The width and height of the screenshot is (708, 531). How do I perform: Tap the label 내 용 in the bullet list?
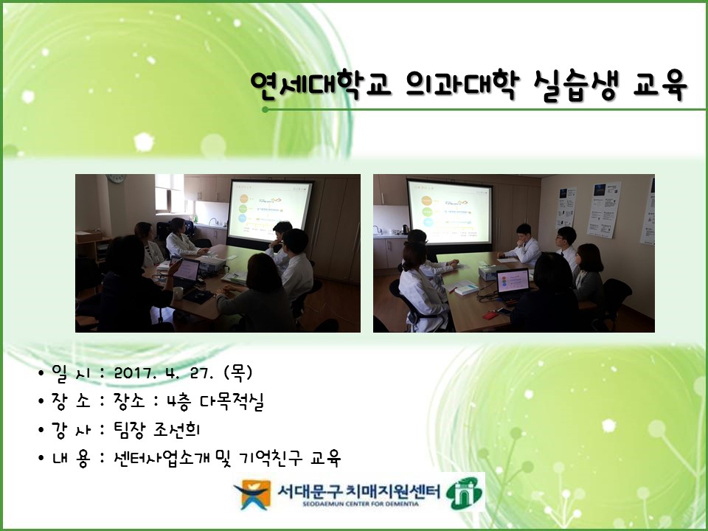[71, 459]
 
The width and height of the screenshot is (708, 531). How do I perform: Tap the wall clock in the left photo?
[116, 178]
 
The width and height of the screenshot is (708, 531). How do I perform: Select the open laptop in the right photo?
[512, 284]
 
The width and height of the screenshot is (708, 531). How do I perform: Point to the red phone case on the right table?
[490, 315]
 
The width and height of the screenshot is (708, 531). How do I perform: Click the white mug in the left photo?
[178, 293]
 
